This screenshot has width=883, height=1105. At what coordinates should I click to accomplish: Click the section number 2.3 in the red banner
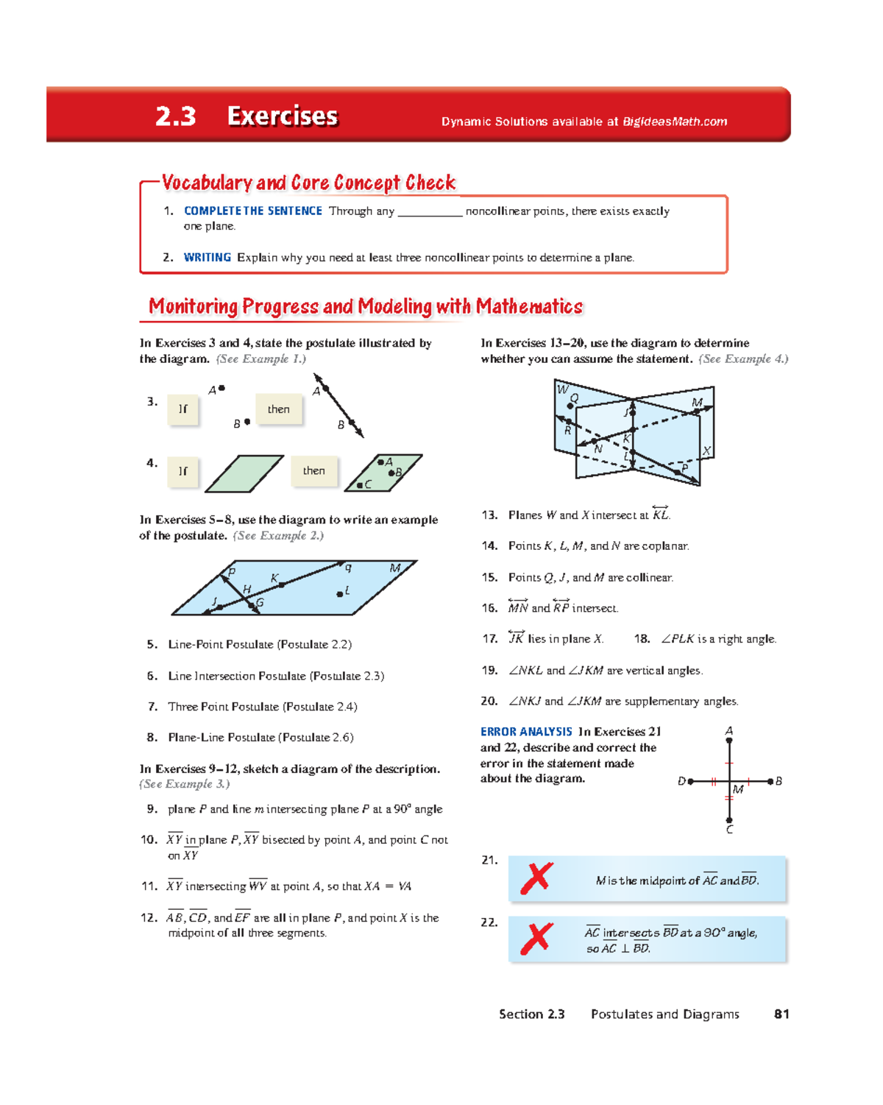[175, 116]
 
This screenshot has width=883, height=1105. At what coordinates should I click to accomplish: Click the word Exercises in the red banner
[282, 116]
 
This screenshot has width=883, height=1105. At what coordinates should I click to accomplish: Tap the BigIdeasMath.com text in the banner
[674, 121]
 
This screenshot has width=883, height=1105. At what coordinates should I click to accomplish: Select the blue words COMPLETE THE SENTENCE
[252, 211]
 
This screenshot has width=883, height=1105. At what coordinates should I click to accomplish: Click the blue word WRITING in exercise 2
[207, 257]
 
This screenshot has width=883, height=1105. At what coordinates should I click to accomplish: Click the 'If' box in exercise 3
[182, 409]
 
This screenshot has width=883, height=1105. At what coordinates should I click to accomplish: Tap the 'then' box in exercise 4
[313, 471]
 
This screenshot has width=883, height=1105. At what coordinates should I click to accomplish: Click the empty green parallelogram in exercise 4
[244, 473]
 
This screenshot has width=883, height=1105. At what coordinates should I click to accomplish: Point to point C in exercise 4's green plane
[360, 485]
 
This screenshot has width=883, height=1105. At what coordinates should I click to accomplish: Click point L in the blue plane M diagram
[340, 593]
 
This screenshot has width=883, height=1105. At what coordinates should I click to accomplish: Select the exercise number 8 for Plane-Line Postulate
[152, 737]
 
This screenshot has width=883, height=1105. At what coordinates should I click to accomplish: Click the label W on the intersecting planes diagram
[562, 389]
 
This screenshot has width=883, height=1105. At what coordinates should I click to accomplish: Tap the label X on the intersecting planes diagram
[706, 451]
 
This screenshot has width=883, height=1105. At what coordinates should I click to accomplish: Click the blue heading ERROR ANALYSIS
[525, 731]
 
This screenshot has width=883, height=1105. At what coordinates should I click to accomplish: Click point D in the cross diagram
[690, 781]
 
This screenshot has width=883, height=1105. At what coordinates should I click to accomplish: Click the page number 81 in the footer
[781, 1014]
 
